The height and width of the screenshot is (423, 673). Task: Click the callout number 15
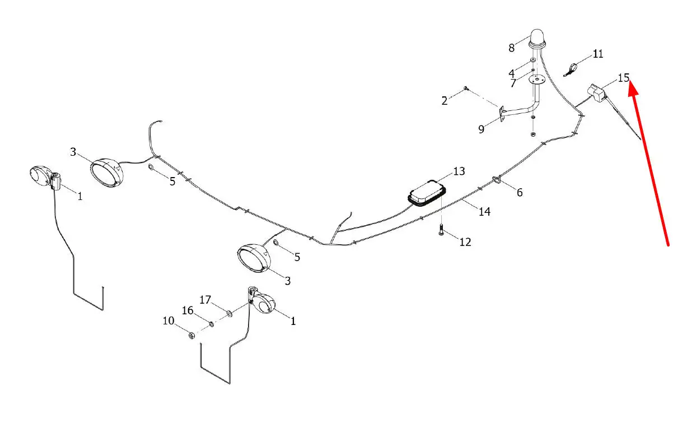click(x=624, y=77)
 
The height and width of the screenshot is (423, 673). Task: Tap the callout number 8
click(x=511, y=48)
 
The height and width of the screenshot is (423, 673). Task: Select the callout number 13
click(x=459, y=171)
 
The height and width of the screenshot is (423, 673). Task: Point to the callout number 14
click(x=484, y=212)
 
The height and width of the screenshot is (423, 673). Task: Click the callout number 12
click(x=465, y=242)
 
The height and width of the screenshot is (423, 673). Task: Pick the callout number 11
click(x=598, y=54)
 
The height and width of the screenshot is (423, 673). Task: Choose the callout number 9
click(x=481, y=130)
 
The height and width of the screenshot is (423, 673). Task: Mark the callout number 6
click(x=520, y=193)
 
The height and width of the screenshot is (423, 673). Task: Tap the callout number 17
click(x=205, y=300)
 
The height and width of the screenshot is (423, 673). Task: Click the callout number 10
click(x=169, y=321)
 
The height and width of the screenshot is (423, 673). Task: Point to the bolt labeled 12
click(x=441, y=230)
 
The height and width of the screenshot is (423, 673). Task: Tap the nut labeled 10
click(x=190, y=336)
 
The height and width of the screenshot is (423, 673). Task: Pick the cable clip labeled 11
click(x=570, y=69)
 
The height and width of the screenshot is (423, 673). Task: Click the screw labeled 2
click(x=465, y=89)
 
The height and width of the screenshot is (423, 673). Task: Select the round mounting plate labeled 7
click(x=536, y=80)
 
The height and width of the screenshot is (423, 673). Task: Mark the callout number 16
click(x=187, y=310)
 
